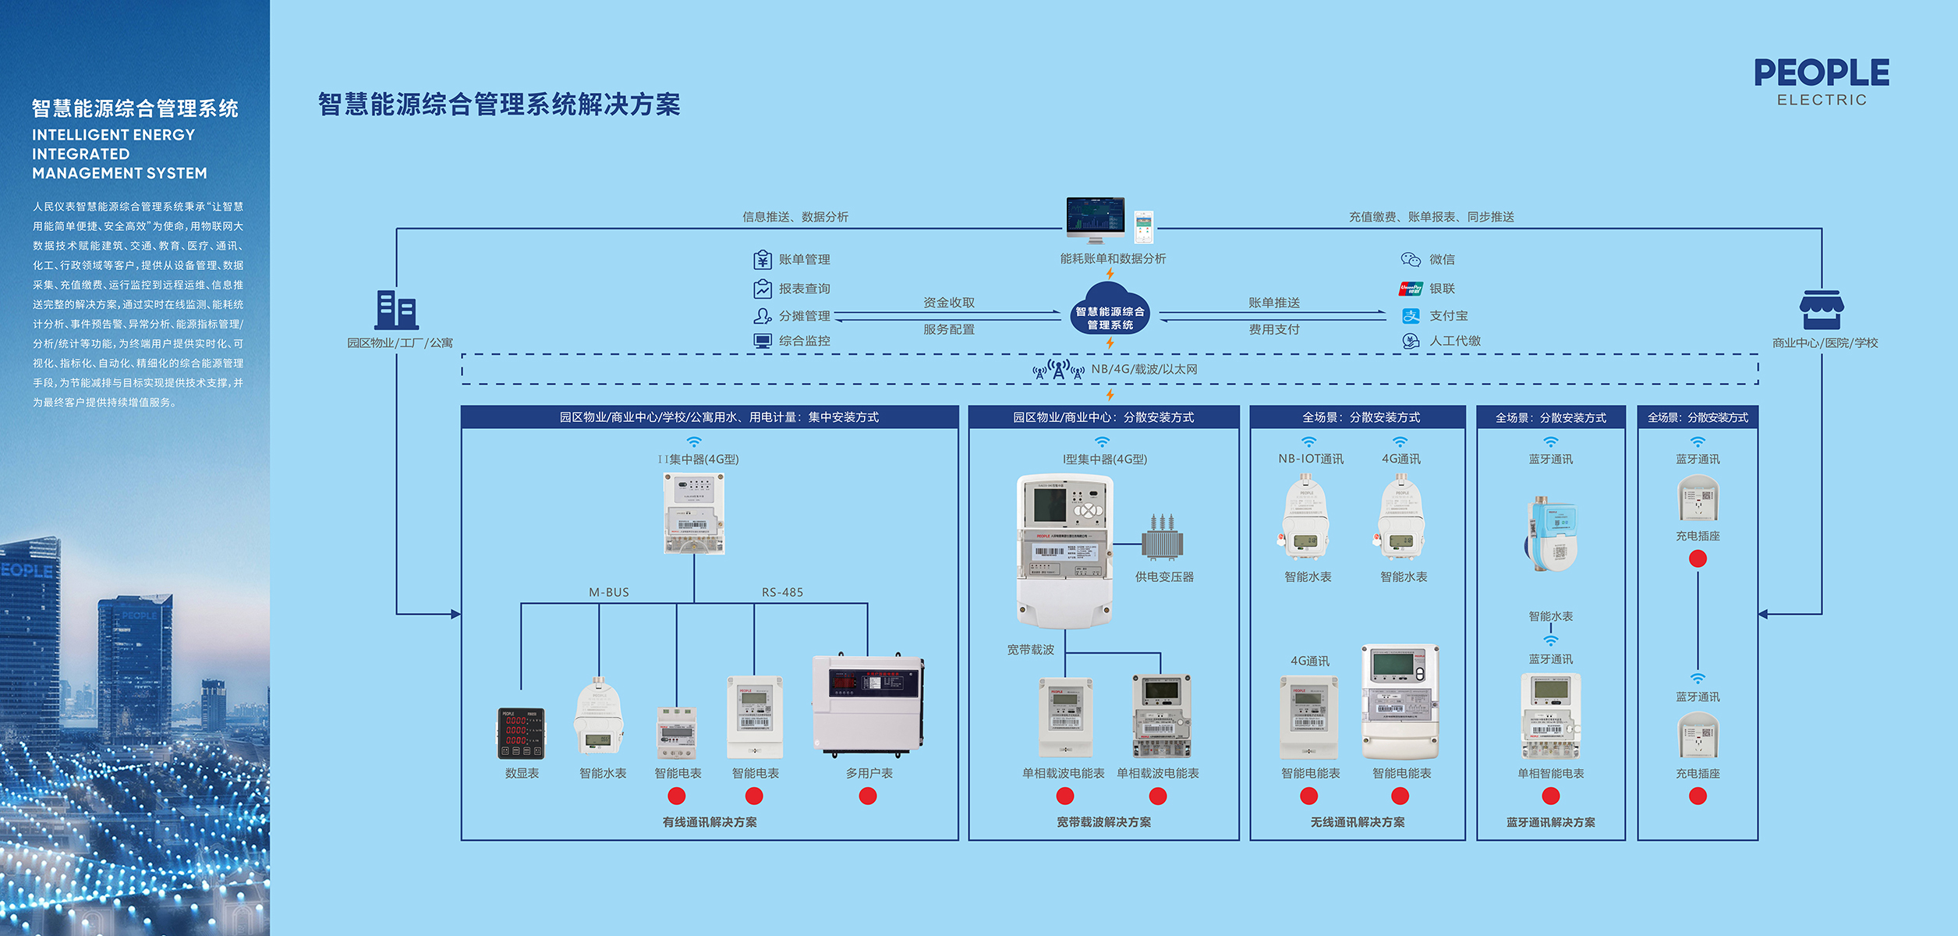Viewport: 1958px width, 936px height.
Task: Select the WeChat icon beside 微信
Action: point(1410,259)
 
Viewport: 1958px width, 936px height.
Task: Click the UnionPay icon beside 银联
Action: point(1410,289)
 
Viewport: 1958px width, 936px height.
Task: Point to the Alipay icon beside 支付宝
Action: point(1411,316)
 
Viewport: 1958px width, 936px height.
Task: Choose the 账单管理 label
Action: point(804,260)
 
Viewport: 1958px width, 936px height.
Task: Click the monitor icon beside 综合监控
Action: point(762,341)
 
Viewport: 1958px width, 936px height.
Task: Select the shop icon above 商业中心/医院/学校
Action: point(1821,310)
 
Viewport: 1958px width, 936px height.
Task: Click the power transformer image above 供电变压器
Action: point(1162,537)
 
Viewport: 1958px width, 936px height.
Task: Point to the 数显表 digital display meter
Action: point(521,733)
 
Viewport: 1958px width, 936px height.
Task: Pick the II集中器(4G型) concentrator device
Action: point(693,513)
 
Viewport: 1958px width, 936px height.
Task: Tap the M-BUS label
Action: point(608,592)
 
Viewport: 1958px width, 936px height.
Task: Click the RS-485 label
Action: point(782,592)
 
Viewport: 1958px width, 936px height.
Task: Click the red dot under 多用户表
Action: point(868,796)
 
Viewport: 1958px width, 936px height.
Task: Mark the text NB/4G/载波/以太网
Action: point(1144,369)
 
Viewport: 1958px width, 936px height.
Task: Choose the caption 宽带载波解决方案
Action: point(1103,822)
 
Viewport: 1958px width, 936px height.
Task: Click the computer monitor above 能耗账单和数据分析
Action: point(1095,218)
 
